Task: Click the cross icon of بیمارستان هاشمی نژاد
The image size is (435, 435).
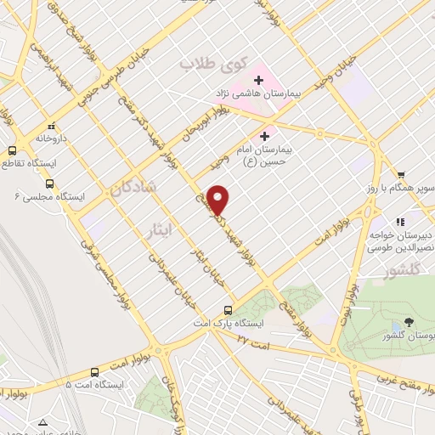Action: click(x=258, y=80)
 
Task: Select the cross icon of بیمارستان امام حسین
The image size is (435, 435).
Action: click(x=264, y=135)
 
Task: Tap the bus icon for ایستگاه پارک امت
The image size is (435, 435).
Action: click(x=227, y=311)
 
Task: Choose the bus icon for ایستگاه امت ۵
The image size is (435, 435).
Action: click(x=93, y=372)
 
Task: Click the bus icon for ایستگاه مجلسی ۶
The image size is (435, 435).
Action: click(x=49, y=184)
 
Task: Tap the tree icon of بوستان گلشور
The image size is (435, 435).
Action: click(x=409, y=322)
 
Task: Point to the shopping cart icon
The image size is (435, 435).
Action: click(x=400, y=173)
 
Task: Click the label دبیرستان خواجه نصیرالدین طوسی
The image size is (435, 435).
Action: click(x=401, y=240)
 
